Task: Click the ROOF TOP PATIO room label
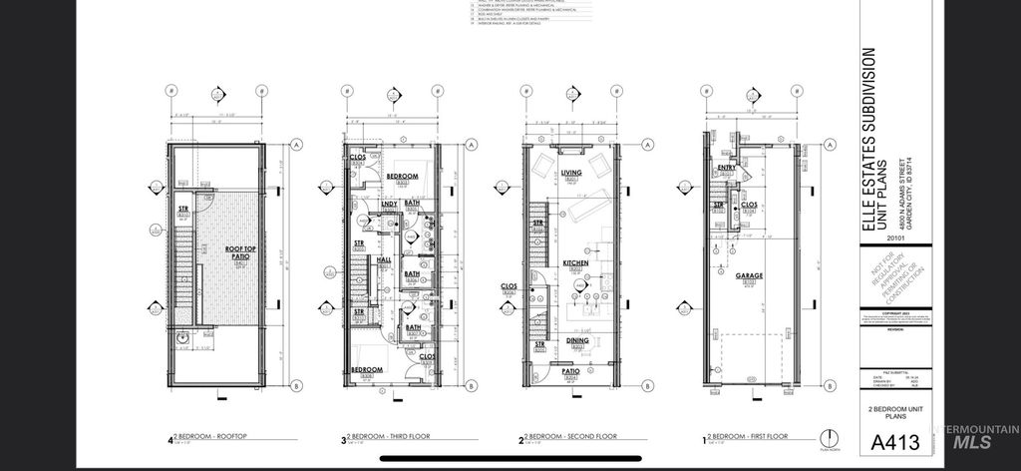(x=237, y=251)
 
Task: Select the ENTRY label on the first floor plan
(x=726, y=168)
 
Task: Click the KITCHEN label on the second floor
(x=575, y=262)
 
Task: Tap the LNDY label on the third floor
(x=389, y=205)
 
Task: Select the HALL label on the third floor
(x=384, y=259)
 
